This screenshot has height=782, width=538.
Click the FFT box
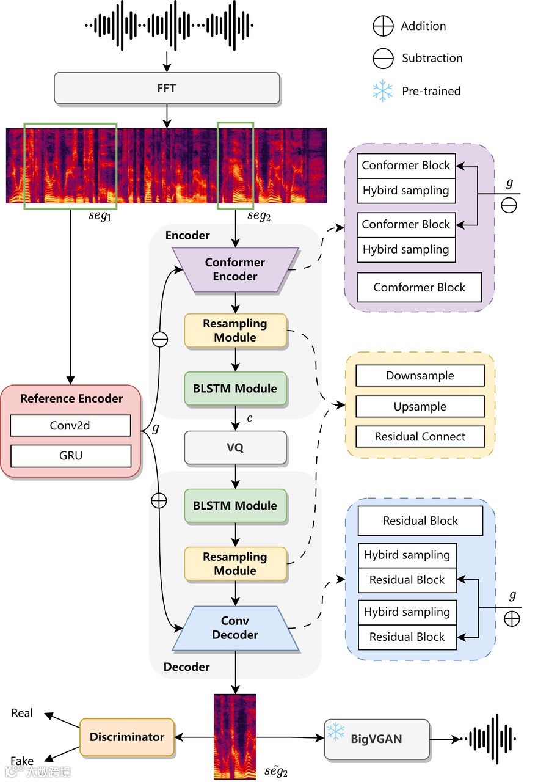(167, 88)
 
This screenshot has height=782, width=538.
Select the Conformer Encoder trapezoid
(235, 269)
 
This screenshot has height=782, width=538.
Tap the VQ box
(235, 447)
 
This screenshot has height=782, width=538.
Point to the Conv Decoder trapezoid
(235, 628)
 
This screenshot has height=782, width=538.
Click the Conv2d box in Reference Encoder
(70, 426)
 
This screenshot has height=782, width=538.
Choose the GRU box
(70, 456)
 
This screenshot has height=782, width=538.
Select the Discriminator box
(127, 737)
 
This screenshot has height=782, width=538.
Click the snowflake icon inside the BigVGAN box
(335, 731)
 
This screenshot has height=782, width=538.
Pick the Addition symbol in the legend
(383, 26)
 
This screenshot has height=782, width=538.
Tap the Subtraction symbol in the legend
(383, 59)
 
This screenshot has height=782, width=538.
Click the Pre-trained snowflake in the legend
(383, 91)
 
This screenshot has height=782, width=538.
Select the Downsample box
(420, 376)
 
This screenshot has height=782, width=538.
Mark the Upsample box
(420, 407)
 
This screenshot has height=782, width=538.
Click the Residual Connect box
(420, 437)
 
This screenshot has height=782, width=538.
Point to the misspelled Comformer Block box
(420, 288)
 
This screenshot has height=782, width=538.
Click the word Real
(22, 713)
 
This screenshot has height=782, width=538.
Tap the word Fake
(22, 761)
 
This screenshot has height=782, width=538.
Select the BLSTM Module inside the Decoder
(235, 506)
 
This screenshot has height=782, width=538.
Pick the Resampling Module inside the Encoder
(235, 331)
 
